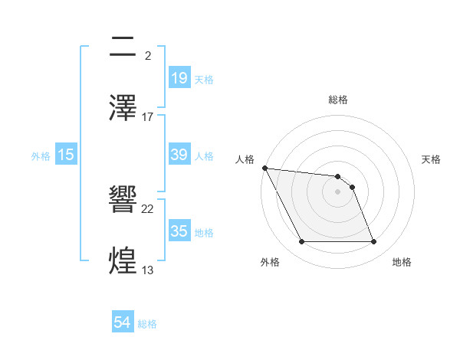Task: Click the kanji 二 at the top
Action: click(123, 47)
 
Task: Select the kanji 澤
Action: click(123, 107)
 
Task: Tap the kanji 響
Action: click(123, 200)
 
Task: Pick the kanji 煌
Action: click(123, 260)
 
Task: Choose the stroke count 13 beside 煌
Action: click(148, 270)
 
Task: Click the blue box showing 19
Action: click(179, 77)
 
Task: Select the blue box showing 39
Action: click(179, 155)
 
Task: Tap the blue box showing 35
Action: click(179, 231)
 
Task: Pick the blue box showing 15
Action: click(66, 155)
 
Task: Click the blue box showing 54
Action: click(122, 322)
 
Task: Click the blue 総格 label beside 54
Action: click(147, 324)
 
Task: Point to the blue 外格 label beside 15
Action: click(41, 156)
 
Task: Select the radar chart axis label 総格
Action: click(338, 100)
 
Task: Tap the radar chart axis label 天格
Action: click(432, 159)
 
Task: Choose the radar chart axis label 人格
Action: click(244, 159)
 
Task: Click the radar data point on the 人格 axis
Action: click(264, 168)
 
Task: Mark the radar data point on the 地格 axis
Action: click(373, 242)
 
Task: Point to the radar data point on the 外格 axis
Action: click(302, 242)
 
